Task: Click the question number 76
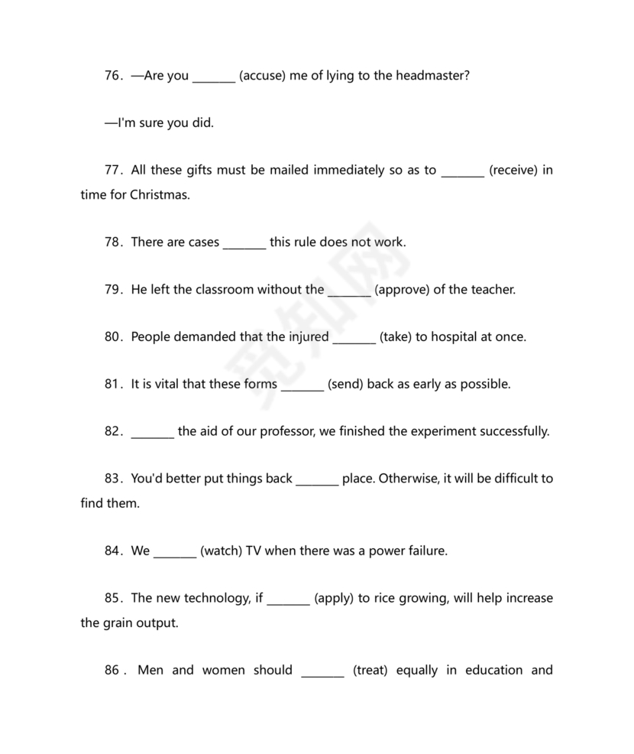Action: pos(113,76)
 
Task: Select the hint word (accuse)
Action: pos(263,76)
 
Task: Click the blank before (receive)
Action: pos(462,171)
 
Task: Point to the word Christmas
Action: pos(159,194)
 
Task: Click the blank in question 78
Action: pos(244,242)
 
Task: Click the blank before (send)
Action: pos(302,384)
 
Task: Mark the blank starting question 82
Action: pos(153,431)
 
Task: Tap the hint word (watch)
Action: pos(221,551)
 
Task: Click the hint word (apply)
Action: pos(333,598)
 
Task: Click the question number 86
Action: pos(113,671)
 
